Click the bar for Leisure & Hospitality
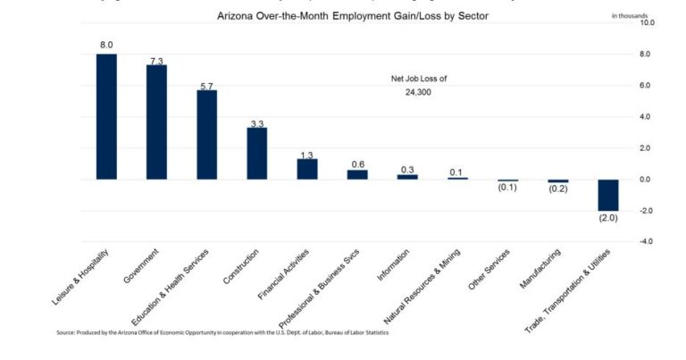(106, 116)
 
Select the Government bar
(156, 121)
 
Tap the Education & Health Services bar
(206, 134)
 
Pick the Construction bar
(256, 153)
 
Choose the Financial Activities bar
(306, 169)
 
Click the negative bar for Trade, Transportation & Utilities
(608, 195)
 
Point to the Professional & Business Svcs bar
(357, 174)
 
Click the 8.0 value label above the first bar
(106, 45)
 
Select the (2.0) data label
(608, 219)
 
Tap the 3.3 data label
(256, 123)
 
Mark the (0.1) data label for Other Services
(507, 187)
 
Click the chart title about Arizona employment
(353, 16)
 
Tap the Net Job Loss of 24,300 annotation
(419, 85)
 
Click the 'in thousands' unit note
(630, 14)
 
